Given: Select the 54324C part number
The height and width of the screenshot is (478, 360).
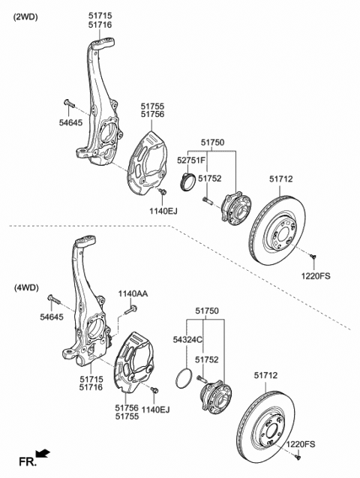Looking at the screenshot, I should pyautogui.click(x=188, y=340).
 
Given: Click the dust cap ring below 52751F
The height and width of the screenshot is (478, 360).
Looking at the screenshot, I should pyautogui.click(x=187, y=182).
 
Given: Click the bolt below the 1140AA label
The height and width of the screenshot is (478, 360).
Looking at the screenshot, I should pyautogui.click(x=130, y=311).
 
